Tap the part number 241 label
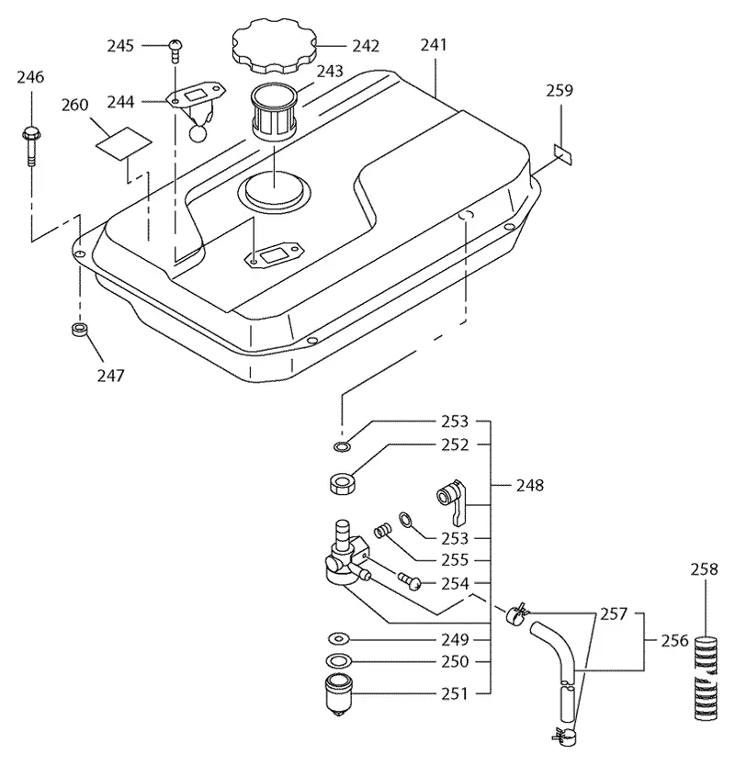pyautogui.click(x=434, y=45)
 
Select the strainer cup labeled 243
pyautogui.click(x=272, y=112)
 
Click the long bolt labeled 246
pyautogui.click(x=31, y=146)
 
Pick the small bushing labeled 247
pyautogui.click(x=80, y=329)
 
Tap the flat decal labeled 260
pyautogui.click(x=123, y=143)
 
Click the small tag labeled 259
pyautogui.click(x=562, y=154)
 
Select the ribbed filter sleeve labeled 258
pyautogui.click(x=706, y=678)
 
